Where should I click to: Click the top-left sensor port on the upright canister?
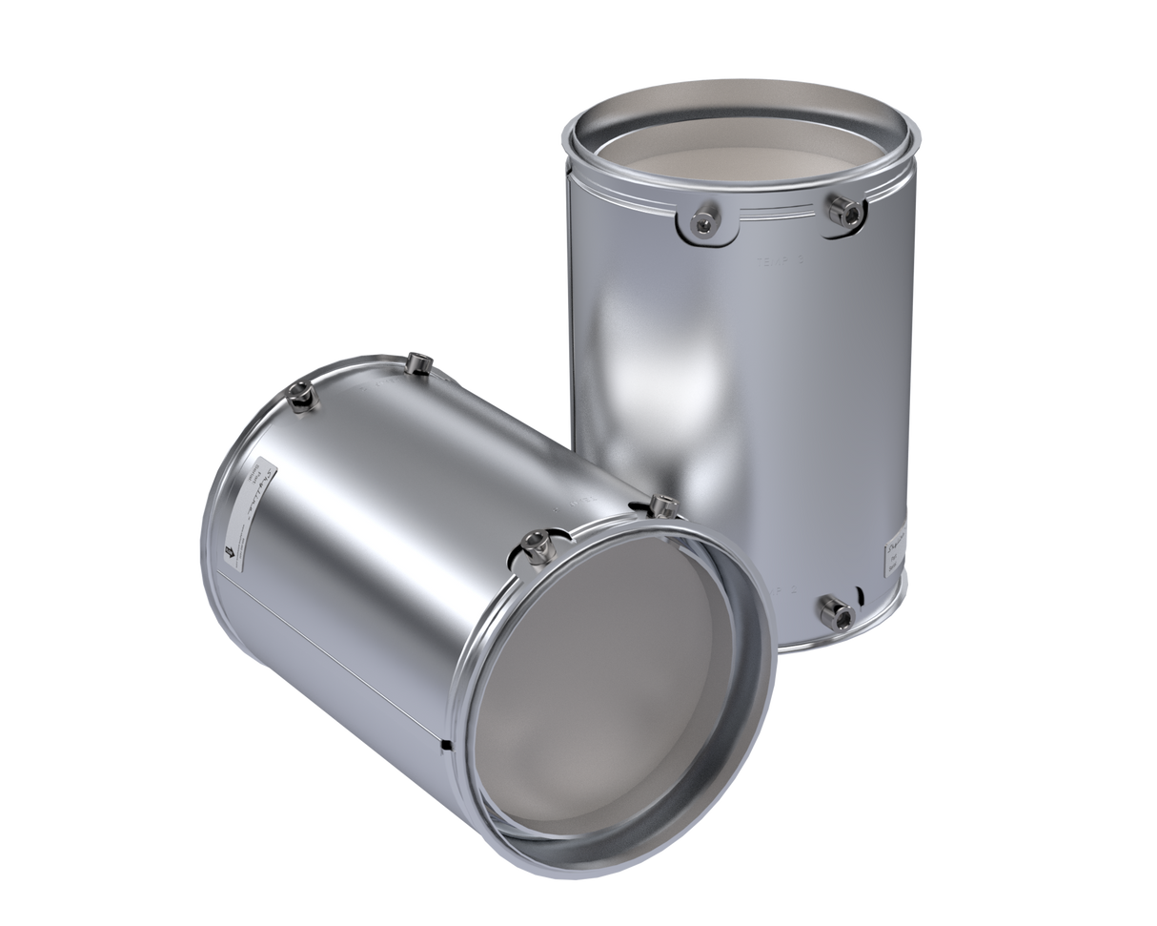[701, 223]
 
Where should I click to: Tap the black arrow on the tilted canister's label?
[232, 550]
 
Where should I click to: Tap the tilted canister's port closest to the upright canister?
[659, 503]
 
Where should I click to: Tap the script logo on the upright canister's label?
[896, 545]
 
